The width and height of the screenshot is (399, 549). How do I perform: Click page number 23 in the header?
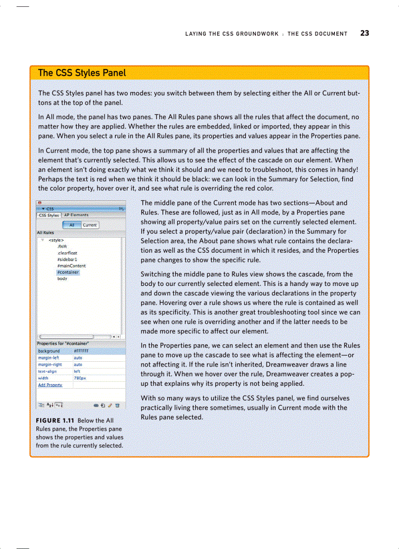tap(364, 33)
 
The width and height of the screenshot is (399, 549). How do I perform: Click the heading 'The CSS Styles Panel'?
tap(82, 73)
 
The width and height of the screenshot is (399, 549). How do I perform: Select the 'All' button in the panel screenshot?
tap(72, 225)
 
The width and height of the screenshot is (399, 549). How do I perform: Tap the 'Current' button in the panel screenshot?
tap(89, 225)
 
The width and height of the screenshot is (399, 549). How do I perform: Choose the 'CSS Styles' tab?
tap(49, 215)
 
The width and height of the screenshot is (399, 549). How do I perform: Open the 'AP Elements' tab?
tap(76, 215)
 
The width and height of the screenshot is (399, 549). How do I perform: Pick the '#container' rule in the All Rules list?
tap(67, 272)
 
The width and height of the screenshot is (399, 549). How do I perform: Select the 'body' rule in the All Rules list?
tap(62, 279)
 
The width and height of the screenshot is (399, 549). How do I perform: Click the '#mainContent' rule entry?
tap(71, 266)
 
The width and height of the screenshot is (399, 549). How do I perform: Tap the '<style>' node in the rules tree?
tap(57, 240)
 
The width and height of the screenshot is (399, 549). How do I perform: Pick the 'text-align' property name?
tap(48, 371)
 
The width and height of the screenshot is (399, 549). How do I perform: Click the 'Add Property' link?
tap(50, 385)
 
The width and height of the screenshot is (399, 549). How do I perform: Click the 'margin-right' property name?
tap(49, 364)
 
